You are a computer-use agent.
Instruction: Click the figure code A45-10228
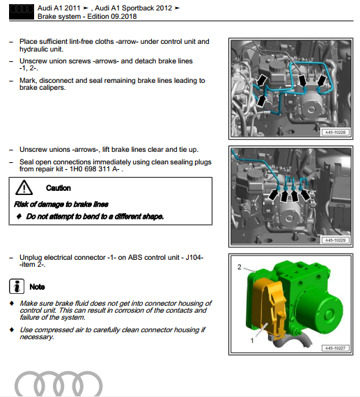(x=334, y=130)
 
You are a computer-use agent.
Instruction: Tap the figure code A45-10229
(x=334, y=241)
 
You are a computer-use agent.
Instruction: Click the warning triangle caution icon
(x=24, y=187)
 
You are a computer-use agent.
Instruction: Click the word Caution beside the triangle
(x=58, y=188)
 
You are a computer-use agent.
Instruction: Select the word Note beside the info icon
(x=38, y=286)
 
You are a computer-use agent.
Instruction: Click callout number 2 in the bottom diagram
(x=240, y=267)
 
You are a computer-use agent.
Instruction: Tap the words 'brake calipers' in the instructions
(x=42, y=88)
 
